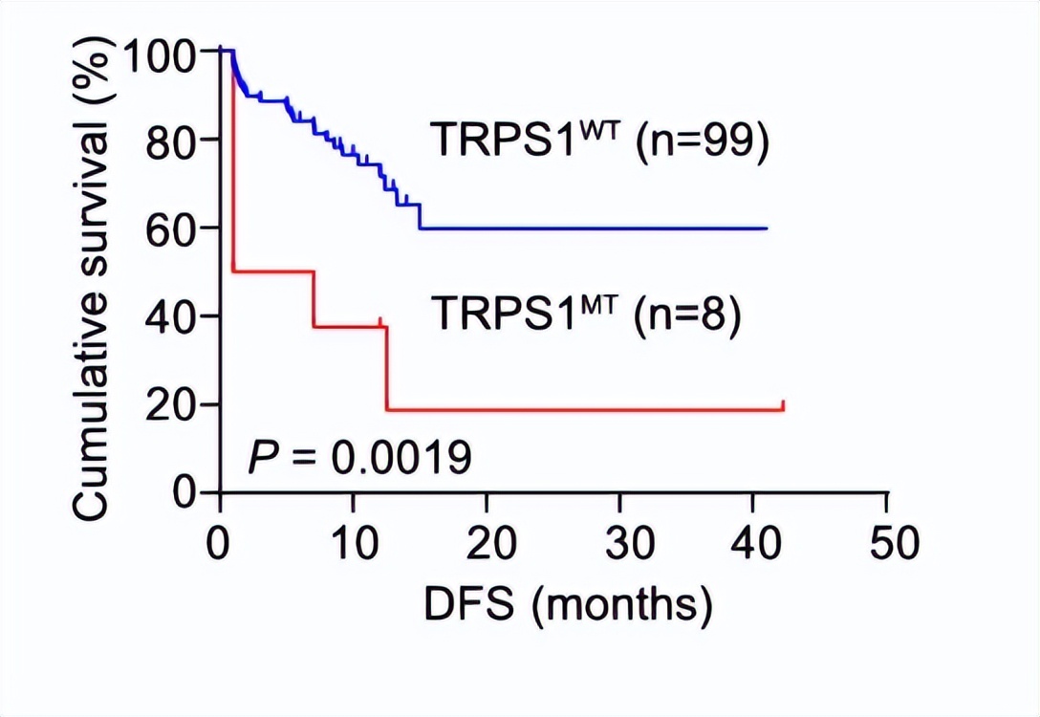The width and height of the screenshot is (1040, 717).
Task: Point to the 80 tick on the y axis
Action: pyautogui.click(x=173, y=141)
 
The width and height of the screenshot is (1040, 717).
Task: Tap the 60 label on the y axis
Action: pyautogui.click(x=173, y=228)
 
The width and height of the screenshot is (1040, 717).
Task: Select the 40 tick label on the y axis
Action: pyautogui.click(x=173, y=316)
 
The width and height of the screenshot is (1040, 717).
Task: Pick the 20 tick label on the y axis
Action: pyautogui.click(x=173, y=404)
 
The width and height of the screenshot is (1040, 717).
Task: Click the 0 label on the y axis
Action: pyautogui.click(x=186, y=492)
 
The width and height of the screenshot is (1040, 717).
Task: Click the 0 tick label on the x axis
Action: pyautogui.click(x=221, y=543)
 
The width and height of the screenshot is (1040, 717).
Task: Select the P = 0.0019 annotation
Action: pyautogui.click(x=359, y=459)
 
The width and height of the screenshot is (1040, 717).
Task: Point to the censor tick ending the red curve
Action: pyautogui.click(x=783, y=405)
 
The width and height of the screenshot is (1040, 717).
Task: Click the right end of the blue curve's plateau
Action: pyautogui.click(x=767, y=228)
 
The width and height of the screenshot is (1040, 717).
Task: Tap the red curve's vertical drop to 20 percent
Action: pyautogui.click(x=387, y=368)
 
